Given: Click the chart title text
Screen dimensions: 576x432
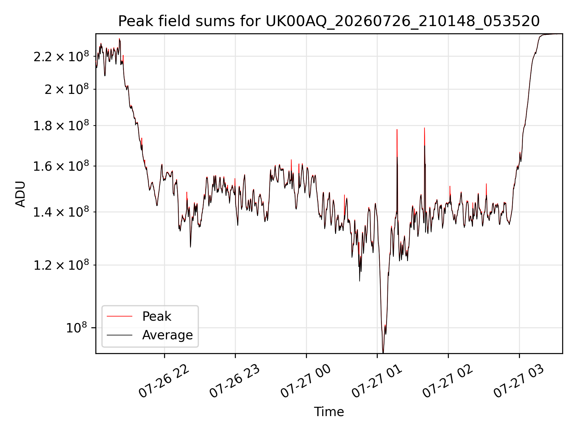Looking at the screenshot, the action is click(329, 21).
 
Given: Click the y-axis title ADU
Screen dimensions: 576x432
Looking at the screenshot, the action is click(20, 194).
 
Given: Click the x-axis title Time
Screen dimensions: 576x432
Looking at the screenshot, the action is click(329, 412).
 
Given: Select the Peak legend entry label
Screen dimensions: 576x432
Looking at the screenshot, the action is click(157, 316).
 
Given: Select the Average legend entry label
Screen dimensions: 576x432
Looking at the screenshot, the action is click(167, 335).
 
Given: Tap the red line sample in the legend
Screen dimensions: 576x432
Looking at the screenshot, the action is click(119, 316).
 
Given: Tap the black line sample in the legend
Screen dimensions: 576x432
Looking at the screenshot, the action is click(119, 335).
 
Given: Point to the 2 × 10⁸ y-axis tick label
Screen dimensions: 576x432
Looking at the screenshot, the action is click(67, 89).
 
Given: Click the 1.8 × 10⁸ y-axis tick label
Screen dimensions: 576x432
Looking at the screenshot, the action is click(61, 125).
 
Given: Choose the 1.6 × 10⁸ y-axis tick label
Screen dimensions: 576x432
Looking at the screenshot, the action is click(61, 166).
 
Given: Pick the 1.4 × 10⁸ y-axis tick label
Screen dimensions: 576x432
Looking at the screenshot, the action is click(61, 212).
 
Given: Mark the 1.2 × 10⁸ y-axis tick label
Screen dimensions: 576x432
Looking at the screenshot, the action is click(61, 265).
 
